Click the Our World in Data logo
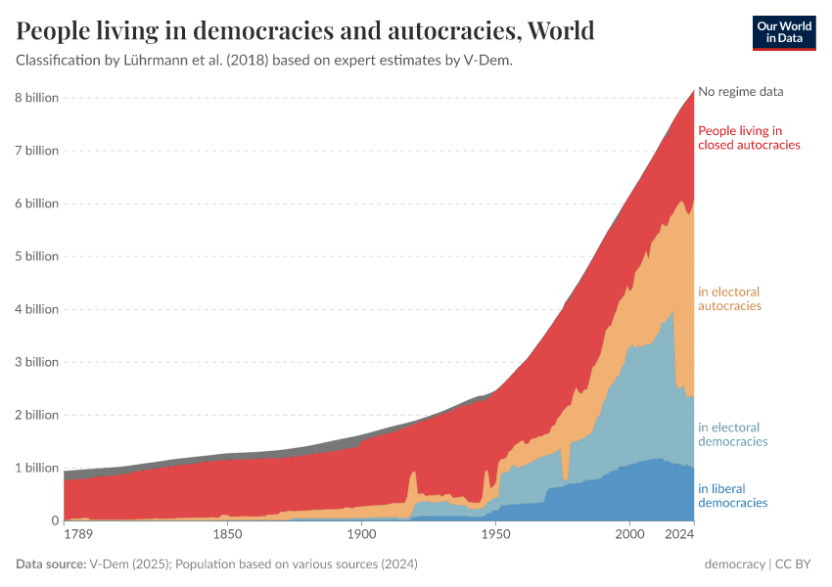point(784,32)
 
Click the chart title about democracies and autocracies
point(305,30)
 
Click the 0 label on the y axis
point(54,520)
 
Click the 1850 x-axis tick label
point(227,535)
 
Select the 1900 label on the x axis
point(361,535)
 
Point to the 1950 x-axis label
point(495,535)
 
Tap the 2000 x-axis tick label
point(629,535)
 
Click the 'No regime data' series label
point(741,92)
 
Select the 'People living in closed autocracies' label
point(749,138)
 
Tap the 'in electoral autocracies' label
point(729,298)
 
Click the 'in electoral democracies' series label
point(732,434)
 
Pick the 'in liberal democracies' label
point(732,496)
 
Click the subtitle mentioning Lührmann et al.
point(264,60)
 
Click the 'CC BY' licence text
point(797,564)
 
